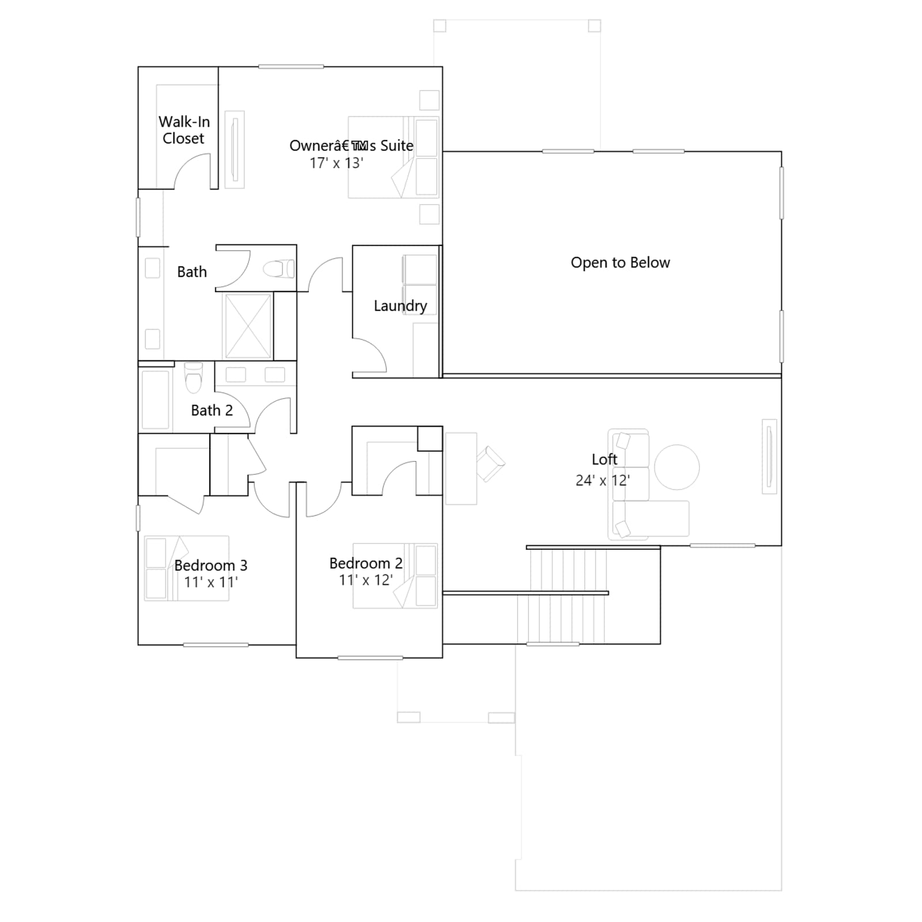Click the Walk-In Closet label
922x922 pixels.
point(184,130)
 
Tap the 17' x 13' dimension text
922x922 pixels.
point(337,163)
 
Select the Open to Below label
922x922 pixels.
point(620,263)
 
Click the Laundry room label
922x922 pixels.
point(400,306)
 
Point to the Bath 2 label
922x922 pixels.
point(211,410)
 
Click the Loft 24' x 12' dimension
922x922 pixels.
point(603,480)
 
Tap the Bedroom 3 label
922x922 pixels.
point(211,565)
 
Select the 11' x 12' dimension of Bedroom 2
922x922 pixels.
point(366,580)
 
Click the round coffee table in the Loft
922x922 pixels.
point(677,467)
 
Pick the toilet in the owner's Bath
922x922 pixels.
point(279,269)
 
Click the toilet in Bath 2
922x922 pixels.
point(194,377)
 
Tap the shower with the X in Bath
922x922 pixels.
point(248,326)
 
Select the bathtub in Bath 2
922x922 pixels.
point(156,399)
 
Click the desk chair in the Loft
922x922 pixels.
point(490,463)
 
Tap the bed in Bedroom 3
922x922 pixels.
point(187,568)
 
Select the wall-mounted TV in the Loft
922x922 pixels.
point(769,456)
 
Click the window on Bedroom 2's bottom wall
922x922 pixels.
point(370,658)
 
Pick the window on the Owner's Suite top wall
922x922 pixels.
point(291,67)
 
